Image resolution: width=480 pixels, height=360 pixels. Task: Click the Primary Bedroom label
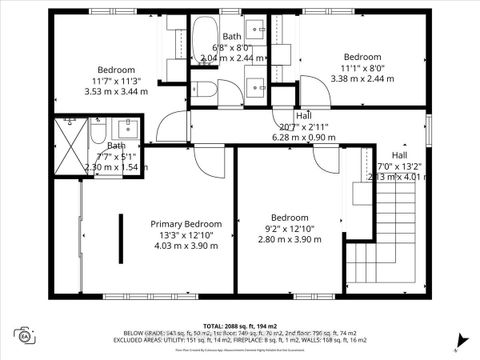pos(186,224)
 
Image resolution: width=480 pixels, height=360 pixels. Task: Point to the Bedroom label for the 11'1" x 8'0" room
pos(363,57)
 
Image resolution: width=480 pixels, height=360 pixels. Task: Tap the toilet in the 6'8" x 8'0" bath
pos(205,90)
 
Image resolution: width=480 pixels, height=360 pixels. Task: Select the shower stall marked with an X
pos(70,145)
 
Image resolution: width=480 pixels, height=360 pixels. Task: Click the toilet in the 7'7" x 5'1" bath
pos(99,130)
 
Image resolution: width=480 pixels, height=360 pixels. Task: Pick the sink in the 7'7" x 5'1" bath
pos(128,128)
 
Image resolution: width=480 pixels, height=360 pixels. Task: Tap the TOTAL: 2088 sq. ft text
pos(240,327)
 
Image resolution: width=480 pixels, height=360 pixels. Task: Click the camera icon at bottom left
pos(25,336)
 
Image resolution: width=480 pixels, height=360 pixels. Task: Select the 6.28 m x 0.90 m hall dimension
pos(302,138)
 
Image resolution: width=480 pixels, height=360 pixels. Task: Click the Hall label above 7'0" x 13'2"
pos(399,155)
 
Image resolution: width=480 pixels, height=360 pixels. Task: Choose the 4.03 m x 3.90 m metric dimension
pos(186,246)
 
